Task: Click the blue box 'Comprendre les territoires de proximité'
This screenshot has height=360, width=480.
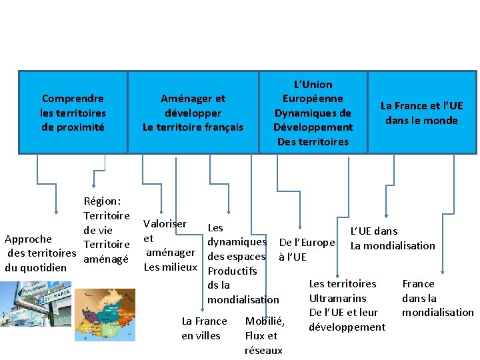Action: (73, 112)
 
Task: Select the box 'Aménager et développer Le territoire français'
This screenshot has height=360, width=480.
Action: (193, 112)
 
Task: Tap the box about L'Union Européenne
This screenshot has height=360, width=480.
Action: (313, 112)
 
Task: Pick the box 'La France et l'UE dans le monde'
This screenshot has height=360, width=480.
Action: (421, 112)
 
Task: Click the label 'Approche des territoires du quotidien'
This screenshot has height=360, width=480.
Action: (40, 253)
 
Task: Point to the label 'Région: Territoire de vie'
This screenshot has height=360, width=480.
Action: (107, 215)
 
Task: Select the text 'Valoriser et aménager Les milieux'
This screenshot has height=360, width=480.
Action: (170, 245)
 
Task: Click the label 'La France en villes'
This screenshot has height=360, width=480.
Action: (204, 328)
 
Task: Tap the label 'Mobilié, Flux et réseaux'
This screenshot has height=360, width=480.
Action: (264, 335)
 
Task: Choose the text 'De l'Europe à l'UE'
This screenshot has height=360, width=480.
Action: (306, 249)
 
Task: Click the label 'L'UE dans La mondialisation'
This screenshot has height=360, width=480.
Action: (393, 238)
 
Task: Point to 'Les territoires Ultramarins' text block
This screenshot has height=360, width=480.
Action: (347, 305)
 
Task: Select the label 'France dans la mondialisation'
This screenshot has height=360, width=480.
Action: (437, 298)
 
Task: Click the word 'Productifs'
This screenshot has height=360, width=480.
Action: (232, 271)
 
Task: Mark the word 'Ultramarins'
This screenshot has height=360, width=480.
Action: (339, 298)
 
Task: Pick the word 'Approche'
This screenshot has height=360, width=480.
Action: (28, 239)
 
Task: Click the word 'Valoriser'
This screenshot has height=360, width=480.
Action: (165, 224)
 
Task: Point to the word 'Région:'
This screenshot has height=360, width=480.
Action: (103, 201)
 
